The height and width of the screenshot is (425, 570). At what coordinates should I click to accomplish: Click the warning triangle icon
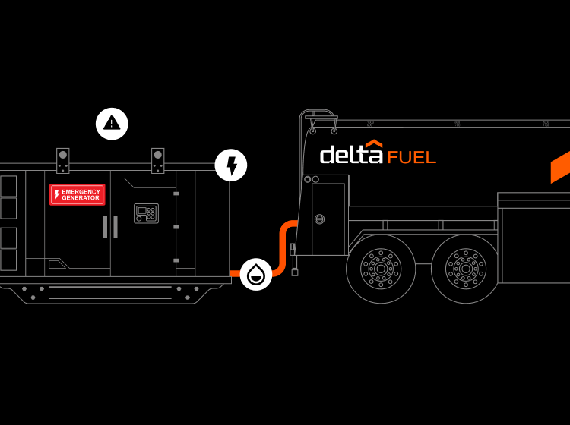112,123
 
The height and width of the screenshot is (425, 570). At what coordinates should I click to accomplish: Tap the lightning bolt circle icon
231,165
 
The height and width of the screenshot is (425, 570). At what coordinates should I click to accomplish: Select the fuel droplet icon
256,275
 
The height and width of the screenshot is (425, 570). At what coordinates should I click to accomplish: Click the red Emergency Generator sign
78,194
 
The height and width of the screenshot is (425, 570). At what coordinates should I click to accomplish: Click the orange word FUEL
411,157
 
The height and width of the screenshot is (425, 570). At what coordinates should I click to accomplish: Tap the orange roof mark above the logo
372,144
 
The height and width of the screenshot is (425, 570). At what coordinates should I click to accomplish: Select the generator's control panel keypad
146,213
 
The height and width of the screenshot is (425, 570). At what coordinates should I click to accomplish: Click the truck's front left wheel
381,268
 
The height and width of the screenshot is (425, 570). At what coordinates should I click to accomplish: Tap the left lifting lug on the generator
62,159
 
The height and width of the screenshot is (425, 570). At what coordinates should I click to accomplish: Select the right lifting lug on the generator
157,159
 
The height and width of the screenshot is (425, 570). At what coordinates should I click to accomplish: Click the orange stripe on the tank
560,167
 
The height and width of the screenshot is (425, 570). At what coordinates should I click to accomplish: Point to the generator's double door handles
110,226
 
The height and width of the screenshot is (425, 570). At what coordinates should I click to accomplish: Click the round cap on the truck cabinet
319,219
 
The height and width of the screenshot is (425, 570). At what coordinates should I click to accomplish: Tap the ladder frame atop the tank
321,121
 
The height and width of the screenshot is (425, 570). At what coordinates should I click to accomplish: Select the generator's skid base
114,291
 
